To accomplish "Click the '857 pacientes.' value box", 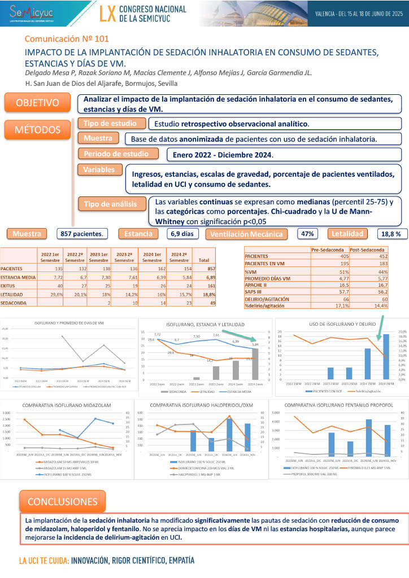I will click(82, 233).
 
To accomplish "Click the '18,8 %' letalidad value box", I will click(390, 233).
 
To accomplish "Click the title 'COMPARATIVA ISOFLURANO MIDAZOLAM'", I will click(67, 405).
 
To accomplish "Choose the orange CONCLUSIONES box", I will click(62, 501).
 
